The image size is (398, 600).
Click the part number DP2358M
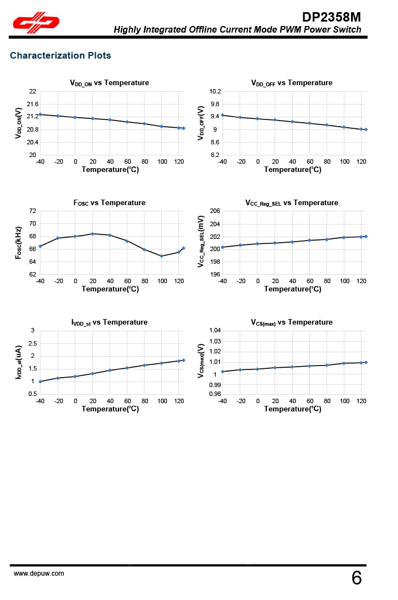tap(332, 17)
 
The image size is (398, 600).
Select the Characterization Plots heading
tap(60, 56)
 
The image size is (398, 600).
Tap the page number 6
tap(356, 578)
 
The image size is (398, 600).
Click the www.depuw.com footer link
tap(39, 573)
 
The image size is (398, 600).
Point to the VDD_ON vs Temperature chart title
tap(109, 83)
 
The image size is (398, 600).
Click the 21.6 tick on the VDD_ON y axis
tap(33, 104)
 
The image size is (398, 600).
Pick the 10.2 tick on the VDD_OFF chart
tap(215, 91)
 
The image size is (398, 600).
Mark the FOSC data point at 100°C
tap(162, 256)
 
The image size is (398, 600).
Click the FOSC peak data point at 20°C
tap(92, 233)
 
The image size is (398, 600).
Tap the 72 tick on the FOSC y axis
tap(33, 211)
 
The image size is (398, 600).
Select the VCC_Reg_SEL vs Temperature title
tap(292, 203)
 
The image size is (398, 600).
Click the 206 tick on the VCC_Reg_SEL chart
tap(215, 211)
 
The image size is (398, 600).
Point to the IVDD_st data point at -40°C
tap(40, 382)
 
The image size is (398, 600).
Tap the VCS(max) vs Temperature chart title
tap(292, 322)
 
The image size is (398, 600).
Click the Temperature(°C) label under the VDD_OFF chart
tap(292, 170)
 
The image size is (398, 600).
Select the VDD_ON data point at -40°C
tap(40, 114)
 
